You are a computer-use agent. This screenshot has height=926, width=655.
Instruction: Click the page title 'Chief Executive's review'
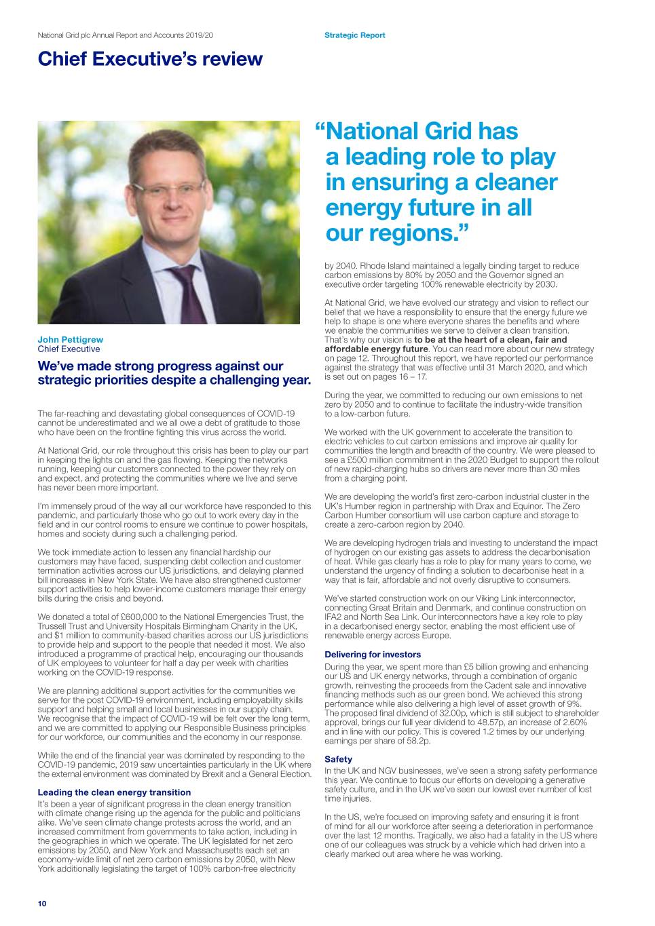pos(150,59)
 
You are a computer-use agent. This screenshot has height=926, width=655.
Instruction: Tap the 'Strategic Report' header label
pos(354,35)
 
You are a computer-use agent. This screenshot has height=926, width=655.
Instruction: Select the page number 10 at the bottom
pos(42,904)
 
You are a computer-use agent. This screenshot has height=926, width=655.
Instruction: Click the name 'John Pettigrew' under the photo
pos(70,340)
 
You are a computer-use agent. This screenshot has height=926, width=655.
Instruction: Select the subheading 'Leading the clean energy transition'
pos(114,792)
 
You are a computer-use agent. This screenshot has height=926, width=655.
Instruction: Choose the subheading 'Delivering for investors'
pos(373,655)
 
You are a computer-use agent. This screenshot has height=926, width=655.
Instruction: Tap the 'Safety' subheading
pos(338,760)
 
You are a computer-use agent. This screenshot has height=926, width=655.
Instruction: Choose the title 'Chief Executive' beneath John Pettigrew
pos(69,349)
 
